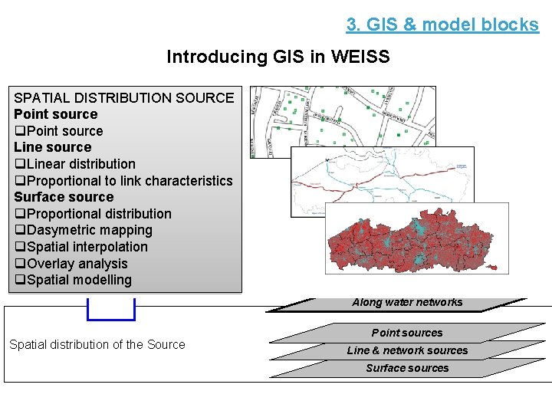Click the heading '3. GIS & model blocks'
coord(442,25)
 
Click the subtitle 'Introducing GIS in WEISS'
coord(278,57)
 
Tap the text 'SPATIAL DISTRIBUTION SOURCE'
coord(123,97)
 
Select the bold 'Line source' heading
coord(52,147)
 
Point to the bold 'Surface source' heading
coord(64,197)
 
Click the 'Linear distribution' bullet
coord(75,164)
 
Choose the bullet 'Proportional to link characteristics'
coord(123,181)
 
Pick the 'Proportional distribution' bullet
coord(93,214)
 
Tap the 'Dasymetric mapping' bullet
coord(84,230)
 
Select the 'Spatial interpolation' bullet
coord(81,247)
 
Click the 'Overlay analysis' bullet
coord(71,264)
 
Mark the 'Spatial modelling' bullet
coord(73,280)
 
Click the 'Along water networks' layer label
coord(407,302)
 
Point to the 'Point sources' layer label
coord(407,333)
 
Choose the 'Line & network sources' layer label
coord(407,350)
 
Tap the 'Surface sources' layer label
coord(407,368)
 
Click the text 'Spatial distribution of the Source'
coord(97,344)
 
